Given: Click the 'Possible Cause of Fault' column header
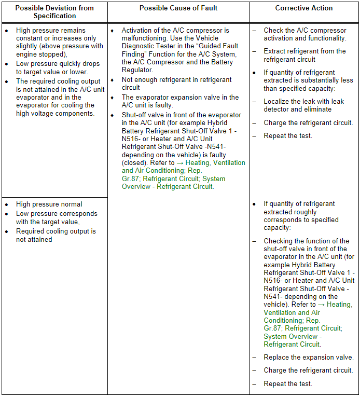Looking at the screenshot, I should click(x=178, y=8).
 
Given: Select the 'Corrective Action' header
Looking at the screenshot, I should click(x=304, y=8).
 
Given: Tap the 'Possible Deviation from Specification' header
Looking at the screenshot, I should click(x=54, y=12).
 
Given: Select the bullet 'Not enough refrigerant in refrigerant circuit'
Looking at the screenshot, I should click(x=176, y=84).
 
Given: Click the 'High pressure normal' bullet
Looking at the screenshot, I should click(x=49, y=204).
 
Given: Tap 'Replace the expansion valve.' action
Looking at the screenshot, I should click(x=309, y=358).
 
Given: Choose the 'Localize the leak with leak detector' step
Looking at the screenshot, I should click(x=303, y=105).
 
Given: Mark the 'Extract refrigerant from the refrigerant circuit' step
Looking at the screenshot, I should click(x=304, y=55).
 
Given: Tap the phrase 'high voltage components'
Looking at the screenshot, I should click(x=54, y=114).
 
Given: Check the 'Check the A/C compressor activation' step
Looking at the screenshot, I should click(x=304, y=34).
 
